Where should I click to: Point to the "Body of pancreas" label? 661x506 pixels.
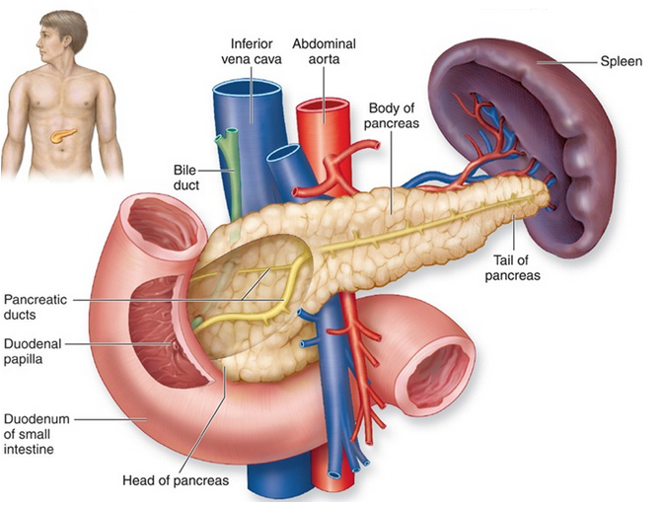[x=395, y=115]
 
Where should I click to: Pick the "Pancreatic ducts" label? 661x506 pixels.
[x=36, y=307]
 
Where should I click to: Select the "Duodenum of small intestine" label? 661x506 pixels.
[x=37, y=434]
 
